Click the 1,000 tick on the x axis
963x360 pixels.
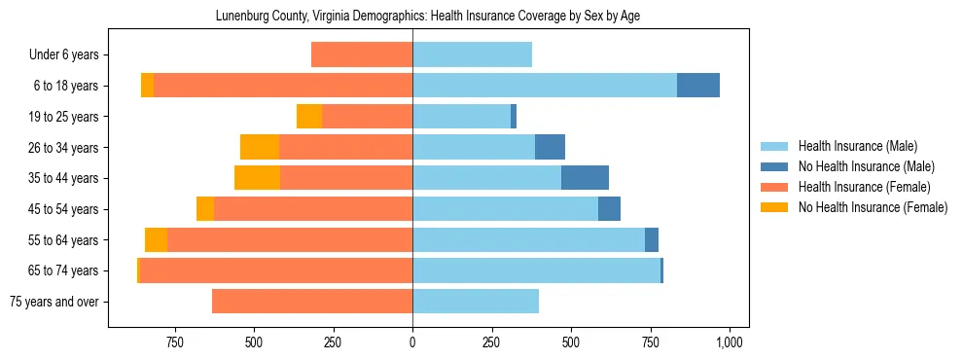tap(730, 342)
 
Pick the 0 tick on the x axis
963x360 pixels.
tap(412, 342)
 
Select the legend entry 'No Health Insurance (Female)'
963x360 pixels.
tap(873, 207)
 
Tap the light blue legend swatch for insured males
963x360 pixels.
tap(774, 146)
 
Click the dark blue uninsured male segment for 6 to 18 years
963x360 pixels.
tap(698, 86)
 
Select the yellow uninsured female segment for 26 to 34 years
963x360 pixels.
tap(260, 147)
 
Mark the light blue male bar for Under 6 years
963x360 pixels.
tap(472, 54)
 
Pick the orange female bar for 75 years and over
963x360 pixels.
tap(312, 302)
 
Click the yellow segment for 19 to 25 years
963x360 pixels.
tap(309, 117)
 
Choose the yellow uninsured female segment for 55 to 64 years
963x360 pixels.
tap(156, 239)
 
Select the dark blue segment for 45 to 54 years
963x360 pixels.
tap(609, 209)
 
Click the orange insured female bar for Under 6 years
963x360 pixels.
tap(362, 54)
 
